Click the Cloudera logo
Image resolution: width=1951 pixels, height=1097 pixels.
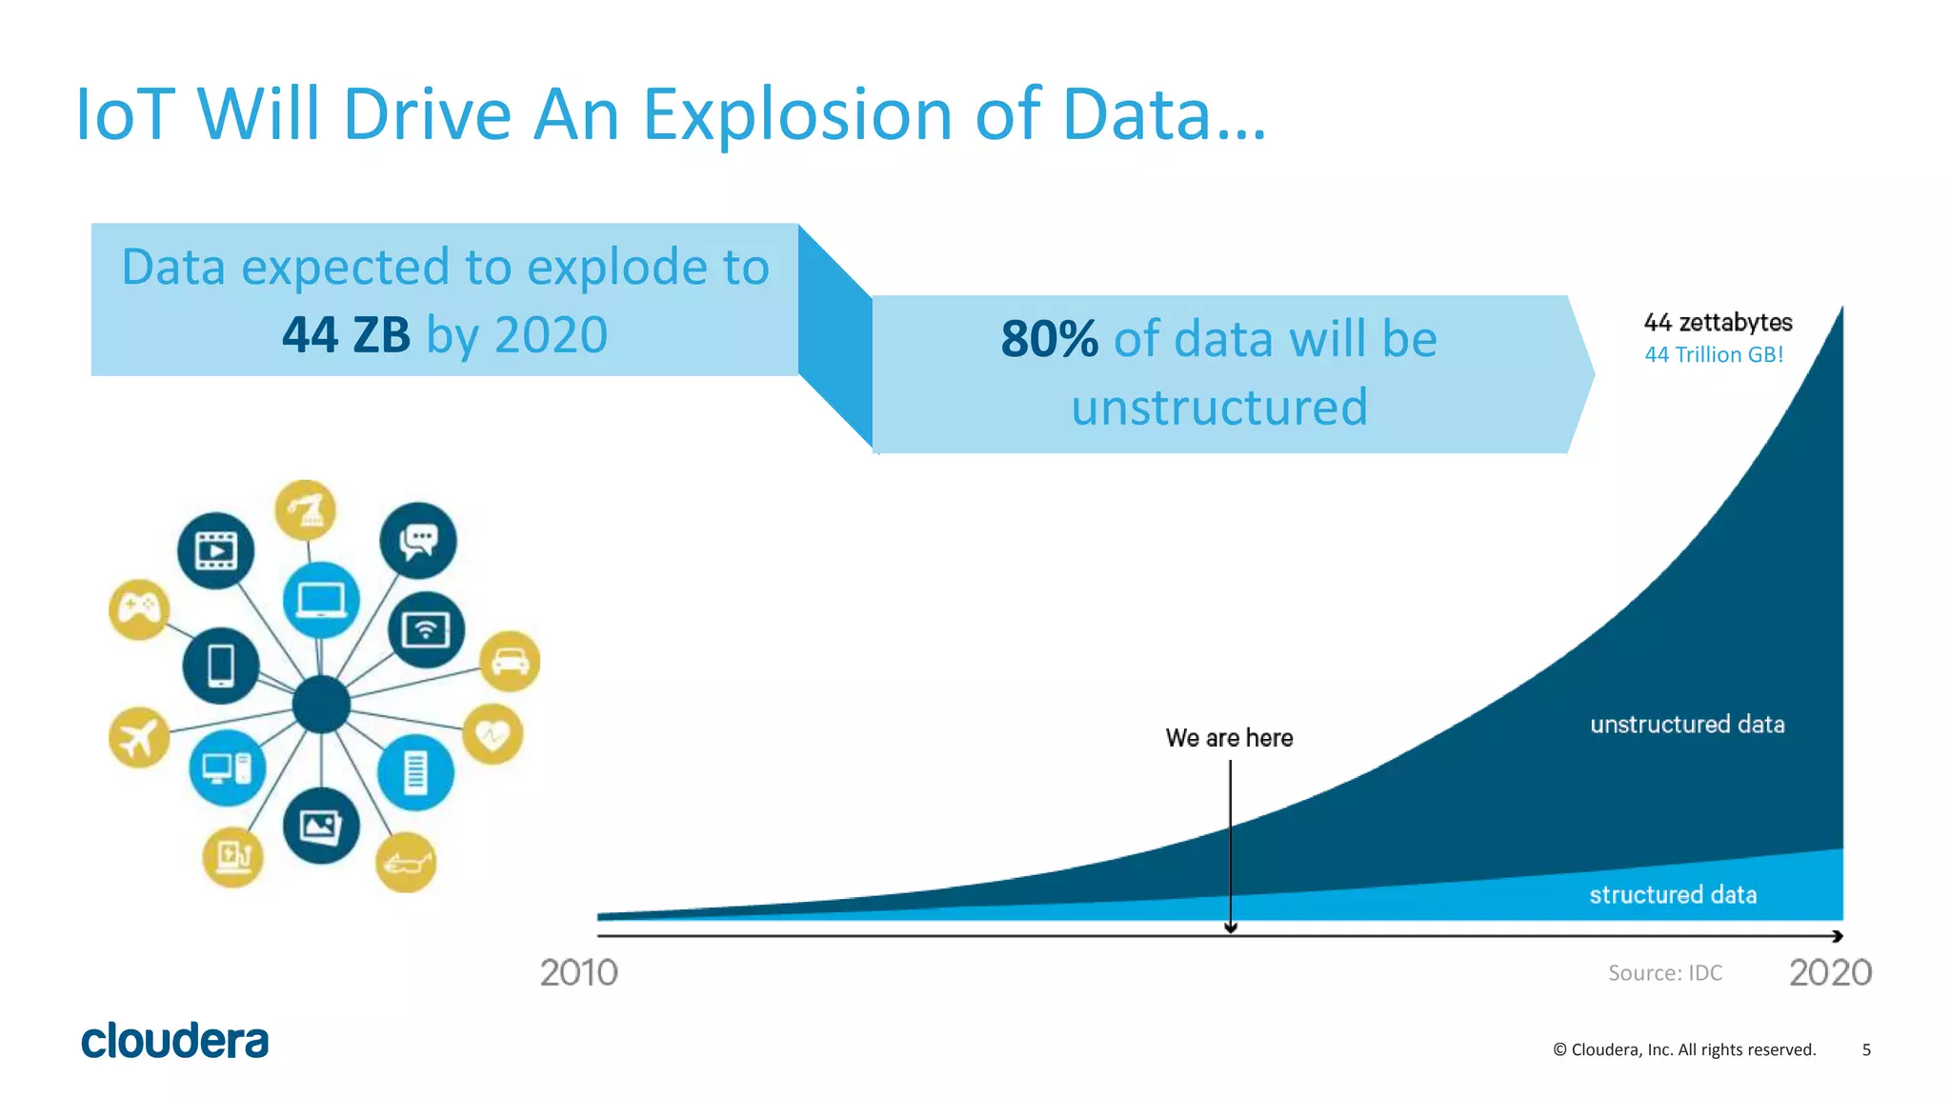(x=174, y=1040)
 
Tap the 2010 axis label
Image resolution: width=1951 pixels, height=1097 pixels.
(x=578, y=972)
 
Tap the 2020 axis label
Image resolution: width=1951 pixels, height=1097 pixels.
(x=1830, y=972)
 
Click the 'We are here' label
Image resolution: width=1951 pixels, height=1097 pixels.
(x=1229, y=738)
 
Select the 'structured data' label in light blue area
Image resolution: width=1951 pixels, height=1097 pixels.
(x=1673, y=894)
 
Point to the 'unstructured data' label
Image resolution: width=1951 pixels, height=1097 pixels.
(x=1687, y=724)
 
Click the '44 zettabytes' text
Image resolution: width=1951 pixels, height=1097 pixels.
(x=1718, y=322)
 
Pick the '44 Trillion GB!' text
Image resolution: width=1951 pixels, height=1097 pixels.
(x=1714, y=354)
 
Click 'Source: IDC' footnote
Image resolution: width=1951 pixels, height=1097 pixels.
(x=1665, y=972)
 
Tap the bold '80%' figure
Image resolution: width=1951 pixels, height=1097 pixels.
(x=1049, y=339)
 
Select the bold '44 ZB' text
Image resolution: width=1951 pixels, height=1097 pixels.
(x=346, y=335)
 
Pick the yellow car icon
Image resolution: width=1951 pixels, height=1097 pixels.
(x=510, y=660)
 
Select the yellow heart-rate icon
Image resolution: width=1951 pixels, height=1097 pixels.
(x=493, y=733)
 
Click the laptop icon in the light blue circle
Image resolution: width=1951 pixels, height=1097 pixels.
(x=321, y=600)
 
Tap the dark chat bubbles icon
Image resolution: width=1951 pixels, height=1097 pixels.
(x=417, y=541)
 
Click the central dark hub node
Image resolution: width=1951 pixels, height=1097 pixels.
(x=321, y=705)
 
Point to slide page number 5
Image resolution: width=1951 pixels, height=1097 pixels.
(x=1866, y=1049)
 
